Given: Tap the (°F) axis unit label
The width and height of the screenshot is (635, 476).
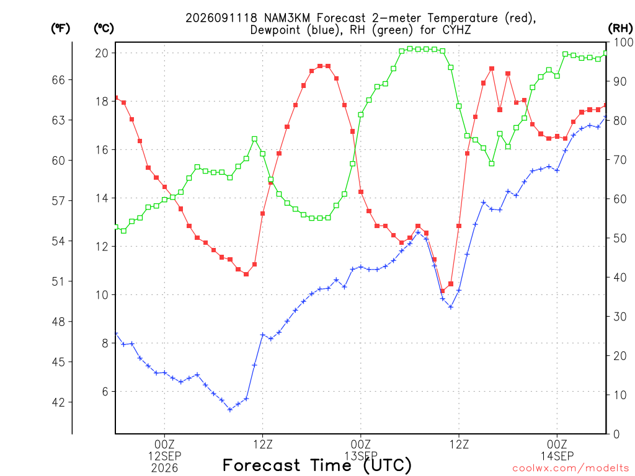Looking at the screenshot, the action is point(60,29).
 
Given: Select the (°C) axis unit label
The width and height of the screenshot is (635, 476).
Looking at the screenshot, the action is point(104,29).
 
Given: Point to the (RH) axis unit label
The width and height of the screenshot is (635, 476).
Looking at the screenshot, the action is point(620,29).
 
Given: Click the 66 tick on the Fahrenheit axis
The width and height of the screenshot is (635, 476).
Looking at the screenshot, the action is point(58,80).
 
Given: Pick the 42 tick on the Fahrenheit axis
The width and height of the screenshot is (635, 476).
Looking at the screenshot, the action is point(58,402).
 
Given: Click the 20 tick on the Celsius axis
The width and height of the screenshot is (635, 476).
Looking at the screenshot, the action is point(102,53).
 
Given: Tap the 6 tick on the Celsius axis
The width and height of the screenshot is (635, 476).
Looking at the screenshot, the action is point(105,392).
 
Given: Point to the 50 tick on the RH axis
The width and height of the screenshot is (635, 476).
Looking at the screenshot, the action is point(620,238).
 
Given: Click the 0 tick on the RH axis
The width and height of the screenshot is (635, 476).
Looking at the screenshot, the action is point(616,434).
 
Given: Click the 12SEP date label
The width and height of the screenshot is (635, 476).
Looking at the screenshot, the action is point(164,456).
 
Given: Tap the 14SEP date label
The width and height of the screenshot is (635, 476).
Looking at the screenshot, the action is point(557,456).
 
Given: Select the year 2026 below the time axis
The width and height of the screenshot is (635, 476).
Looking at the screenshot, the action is point(164,469).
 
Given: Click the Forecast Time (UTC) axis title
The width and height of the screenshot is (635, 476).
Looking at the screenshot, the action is point(317,465).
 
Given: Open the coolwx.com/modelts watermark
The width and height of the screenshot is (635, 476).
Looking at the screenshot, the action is point(571,469).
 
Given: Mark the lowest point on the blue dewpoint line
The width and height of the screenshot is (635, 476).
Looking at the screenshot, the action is point(230,410).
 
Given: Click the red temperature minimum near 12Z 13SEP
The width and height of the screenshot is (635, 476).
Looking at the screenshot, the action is point(442,291).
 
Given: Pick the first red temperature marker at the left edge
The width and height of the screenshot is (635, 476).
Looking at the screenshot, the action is point(116,98).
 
